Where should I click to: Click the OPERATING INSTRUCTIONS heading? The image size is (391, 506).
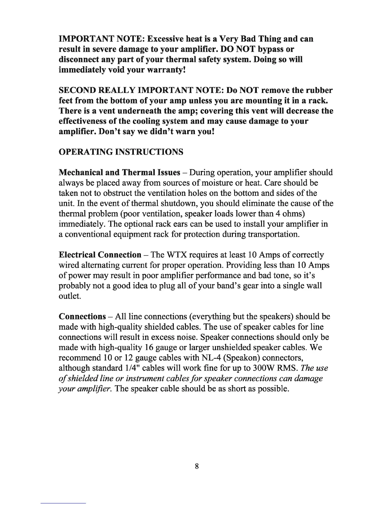pos(121,152)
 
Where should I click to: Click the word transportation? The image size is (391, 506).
pos(274,234)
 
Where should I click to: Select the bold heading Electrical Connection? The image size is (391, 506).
pos(100,255)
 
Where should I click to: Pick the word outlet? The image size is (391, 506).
pos(70,296)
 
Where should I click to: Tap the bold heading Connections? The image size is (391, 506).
pos(82,317)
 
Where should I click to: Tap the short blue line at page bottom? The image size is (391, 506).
pos(64,503)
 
